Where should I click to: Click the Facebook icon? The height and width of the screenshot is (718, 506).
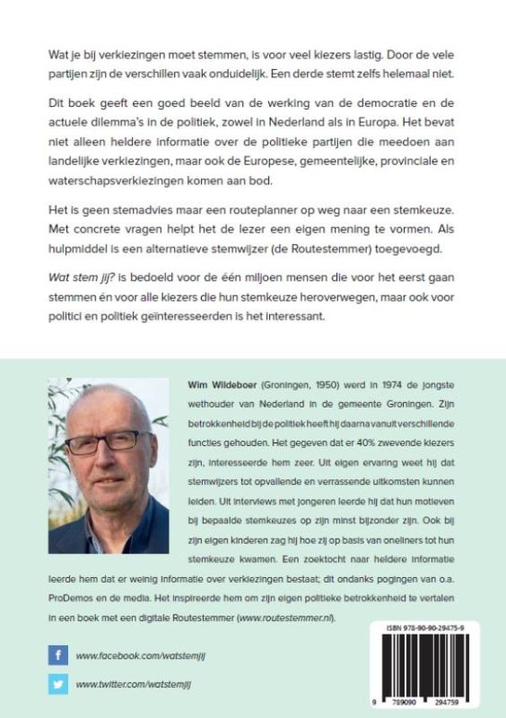(58, 656)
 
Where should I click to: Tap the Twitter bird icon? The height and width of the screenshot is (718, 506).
(58, 685)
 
